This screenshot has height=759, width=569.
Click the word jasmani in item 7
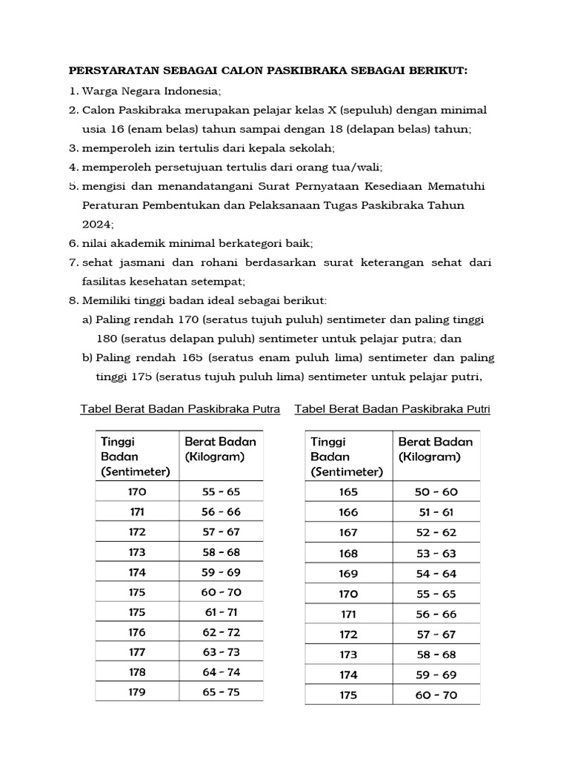(x=144, y=262)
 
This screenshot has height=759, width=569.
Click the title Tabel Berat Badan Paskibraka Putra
(x=180, y=409)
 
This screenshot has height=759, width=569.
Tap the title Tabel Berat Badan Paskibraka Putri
(x=393, y=409)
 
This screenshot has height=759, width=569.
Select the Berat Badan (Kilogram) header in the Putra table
(x=220, y=449)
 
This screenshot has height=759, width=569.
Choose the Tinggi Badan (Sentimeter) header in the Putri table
(x=347, y=457)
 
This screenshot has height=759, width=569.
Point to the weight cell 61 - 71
(x=221, y=612)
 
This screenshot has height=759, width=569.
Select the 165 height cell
(x=347, y=492)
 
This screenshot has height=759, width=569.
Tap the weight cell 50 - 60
(x=438, y=492)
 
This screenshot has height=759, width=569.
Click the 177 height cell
(x=137, y=653)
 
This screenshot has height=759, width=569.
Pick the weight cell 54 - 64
(x=438, y=574)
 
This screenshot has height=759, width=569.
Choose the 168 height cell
(x=347, y=554)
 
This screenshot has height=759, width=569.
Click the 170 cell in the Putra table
(x=137, y=491)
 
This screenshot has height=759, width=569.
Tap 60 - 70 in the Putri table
(x=438, y=695)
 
